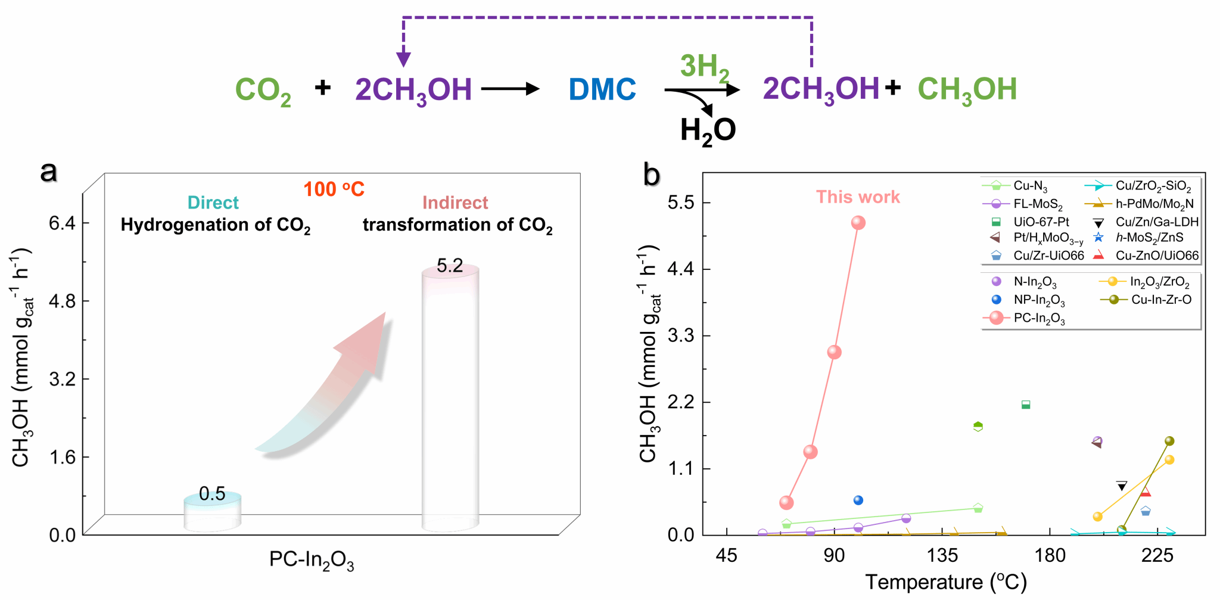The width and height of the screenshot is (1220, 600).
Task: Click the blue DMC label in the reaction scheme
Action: pyautogui.click(x=602, y=89)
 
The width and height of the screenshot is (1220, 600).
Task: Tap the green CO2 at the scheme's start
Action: pyautogui.click(x=263, y=91)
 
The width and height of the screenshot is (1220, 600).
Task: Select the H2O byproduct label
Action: pyautogui.click(x=708, y=130)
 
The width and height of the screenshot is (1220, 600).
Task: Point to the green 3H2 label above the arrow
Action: pyautogui.click(x=704, y=67)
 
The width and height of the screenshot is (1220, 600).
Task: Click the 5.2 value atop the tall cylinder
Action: pyautogui.click(x=450, y=266)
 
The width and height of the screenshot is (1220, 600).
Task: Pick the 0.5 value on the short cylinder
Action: pyautogui.click(x=212, y=494)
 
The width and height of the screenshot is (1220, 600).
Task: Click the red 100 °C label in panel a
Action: pyautogui.click(x=334, y=189)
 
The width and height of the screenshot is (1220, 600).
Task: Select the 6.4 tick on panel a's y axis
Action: pyautogui.click(x=62, y=223)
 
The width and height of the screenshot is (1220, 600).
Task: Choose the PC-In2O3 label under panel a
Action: pyautogui.click(x=312, y=560)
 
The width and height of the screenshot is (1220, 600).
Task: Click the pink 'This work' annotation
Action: pyautogui.click(x=858, y=197)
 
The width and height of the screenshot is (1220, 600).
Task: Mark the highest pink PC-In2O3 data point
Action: pyautogui.click(x=858, y=223)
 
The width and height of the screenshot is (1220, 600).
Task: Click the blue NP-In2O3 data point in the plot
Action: pyautogui.click(x=858, y=500)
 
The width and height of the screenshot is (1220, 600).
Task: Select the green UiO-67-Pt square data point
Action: pyautogui.click(x=1026, y=405)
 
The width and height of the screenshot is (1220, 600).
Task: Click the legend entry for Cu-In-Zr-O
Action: pyautogui.click(x=1161, y=300)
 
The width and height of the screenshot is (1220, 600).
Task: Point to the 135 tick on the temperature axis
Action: pyautogui.click(x=942, y=556)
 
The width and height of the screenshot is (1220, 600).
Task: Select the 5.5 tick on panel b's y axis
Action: pyautogui.click(x=680, y=203)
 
